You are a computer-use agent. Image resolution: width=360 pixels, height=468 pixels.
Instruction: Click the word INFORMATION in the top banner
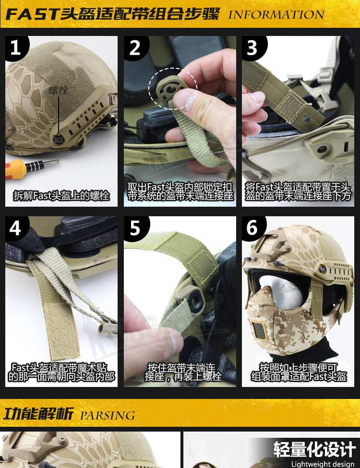tap(276, 14)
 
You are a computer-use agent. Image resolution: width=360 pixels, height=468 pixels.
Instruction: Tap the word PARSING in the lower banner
tap(108, 415)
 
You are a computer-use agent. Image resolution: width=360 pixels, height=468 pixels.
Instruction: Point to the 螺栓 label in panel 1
tap(59, 90)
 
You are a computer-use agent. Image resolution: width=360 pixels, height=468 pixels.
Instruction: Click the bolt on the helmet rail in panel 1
tap(59, 139)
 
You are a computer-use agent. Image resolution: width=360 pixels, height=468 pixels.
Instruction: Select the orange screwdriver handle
tap(15, 169)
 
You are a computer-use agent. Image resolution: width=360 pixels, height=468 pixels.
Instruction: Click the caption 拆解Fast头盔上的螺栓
tap(61, 196)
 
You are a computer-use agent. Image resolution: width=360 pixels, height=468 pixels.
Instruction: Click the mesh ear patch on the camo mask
tap(259, 330)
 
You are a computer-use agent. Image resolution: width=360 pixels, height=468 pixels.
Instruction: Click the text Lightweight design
tap(323, 464)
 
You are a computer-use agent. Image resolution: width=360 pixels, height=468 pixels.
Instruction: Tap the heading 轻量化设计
tap(314, 449)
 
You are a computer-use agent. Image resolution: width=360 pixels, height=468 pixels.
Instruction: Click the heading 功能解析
tap(38, 414)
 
